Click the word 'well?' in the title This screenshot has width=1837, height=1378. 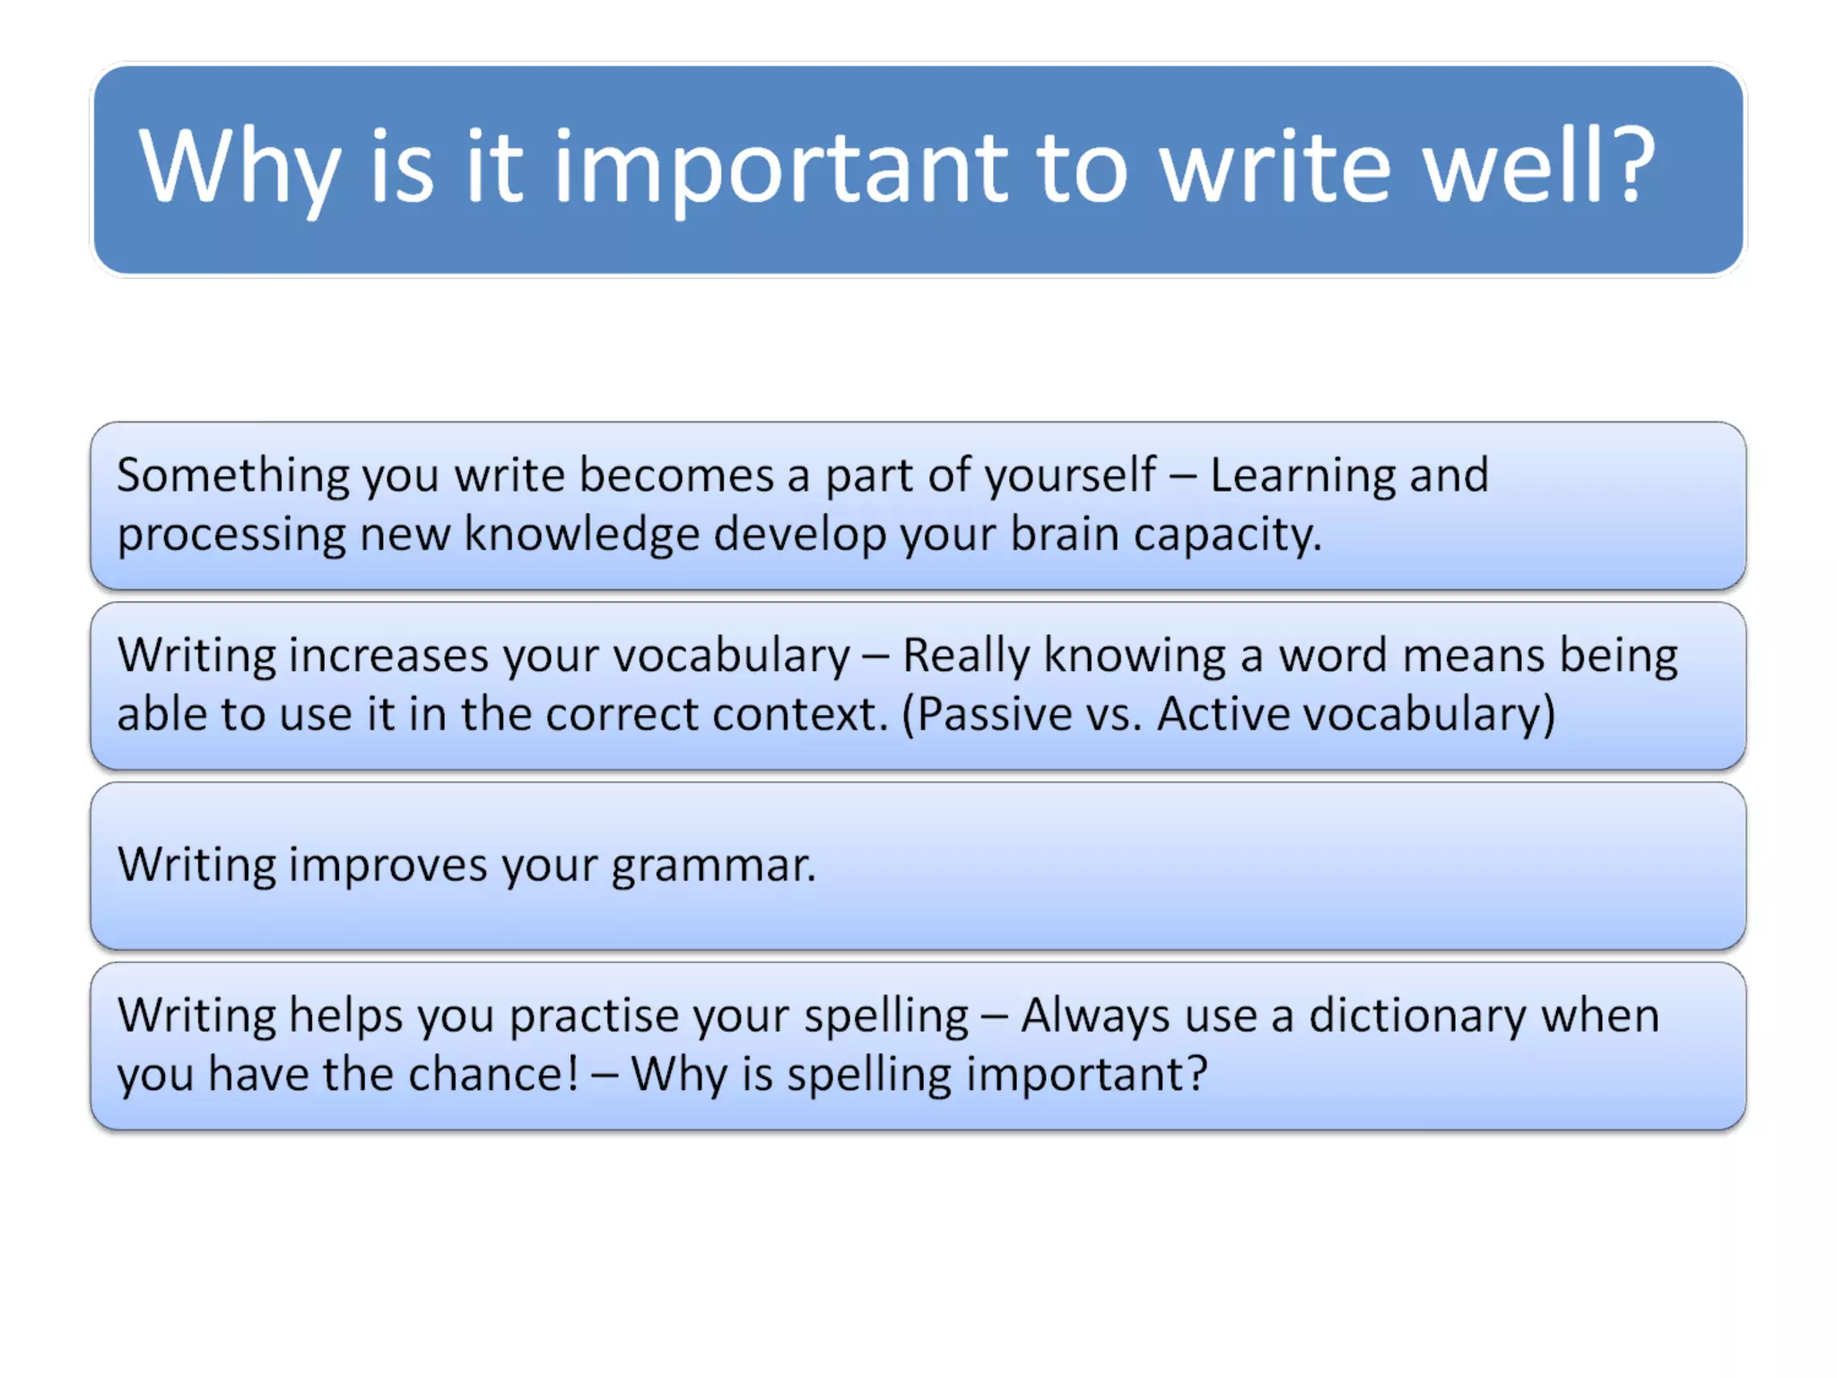point(1539,166)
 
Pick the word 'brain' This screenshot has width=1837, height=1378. point(1064,535)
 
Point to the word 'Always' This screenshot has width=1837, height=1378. point(1095,1016)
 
